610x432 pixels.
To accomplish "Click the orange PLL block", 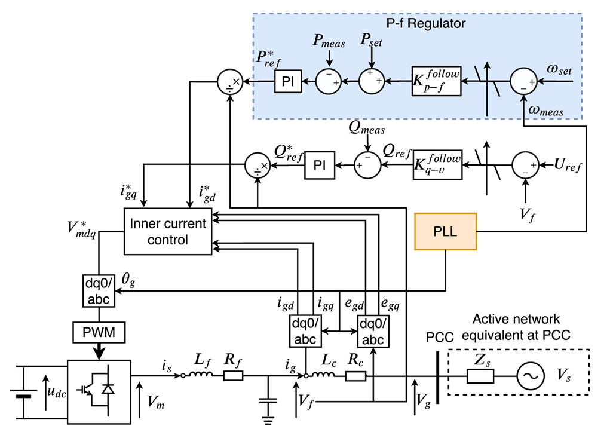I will [445, 230].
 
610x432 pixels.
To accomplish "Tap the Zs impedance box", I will [480, 376].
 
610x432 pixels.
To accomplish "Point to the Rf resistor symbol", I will [233, 376].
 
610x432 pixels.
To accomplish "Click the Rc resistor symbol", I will [355, 376].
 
